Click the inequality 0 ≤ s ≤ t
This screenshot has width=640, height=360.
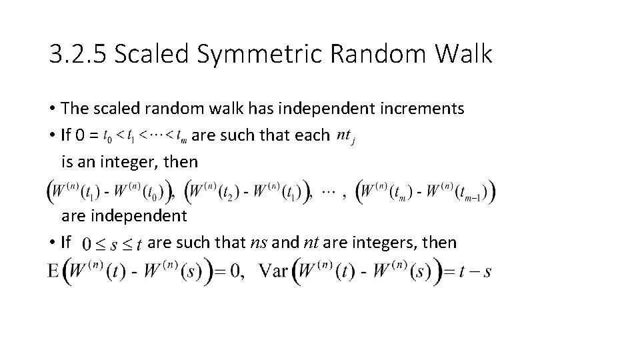111,245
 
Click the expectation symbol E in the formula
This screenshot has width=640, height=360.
54,273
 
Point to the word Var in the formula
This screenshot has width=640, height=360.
275,273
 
